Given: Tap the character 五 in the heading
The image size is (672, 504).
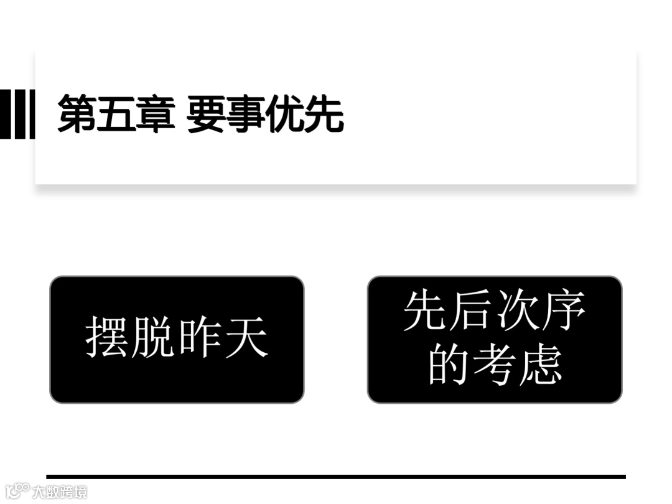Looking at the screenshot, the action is tap(116, 114).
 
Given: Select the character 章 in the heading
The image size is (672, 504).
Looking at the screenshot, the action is tap(155, 114).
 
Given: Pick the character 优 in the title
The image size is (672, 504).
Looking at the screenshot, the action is tap(285, 114).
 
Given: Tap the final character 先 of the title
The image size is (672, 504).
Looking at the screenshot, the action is tap(324, 114).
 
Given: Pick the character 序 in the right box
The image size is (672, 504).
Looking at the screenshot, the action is tap(564, 311).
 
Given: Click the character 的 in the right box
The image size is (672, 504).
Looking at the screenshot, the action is tap(448, 364).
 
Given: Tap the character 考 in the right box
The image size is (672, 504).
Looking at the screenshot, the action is tap(495, 364).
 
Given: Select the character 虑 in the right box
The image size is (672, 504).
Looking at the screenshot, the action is tap(541, 364).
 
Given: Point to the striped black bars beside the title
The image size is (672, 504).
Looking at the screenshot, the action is tap(17, 114).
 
